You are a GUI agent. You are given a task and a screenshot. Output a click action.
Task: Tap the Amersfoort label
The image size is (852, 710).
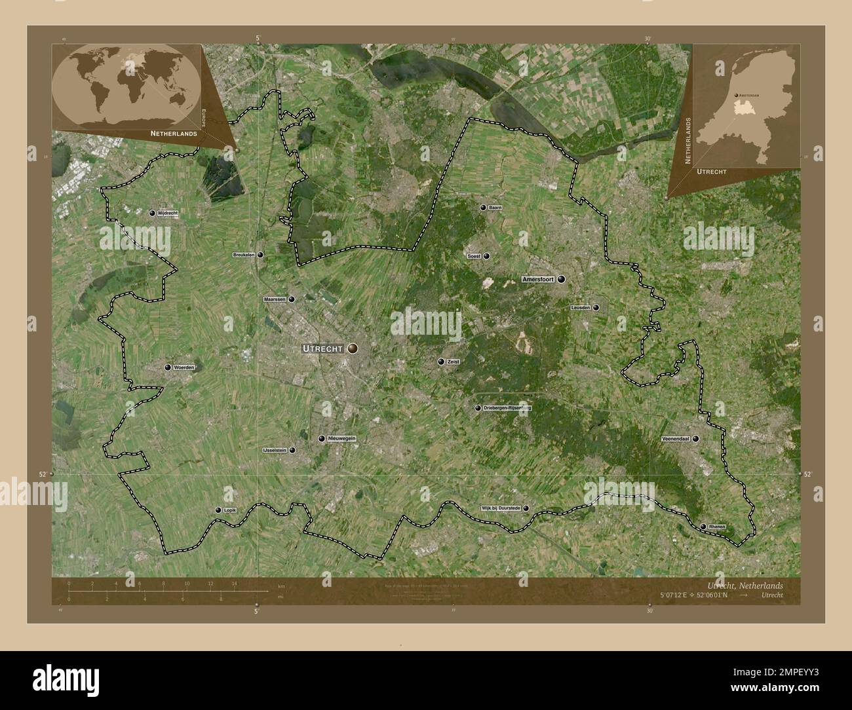pyautogui.click(x=538, y=279)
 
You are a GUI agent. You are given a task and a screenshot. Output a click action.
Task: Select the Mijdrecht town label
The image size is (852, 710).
pyautogui.click(x=168, y=214)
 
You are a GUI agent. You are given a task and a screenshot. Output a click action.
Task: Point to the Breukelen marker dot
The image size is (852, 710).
pyautogui.click(x=261, y=255)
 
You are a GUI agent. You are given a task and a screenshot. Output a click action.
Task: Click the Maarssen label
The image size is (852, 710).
pyautogui.click(x=275, y=299)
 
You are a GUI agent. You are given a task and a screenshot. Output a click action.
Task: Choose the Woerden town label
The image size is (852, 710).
pyautogui.click(x=184, y=368)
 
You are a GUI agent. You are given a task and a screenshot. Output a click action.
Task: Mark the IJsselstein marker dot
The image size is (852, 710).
pyautogui.click(x=292, y=451)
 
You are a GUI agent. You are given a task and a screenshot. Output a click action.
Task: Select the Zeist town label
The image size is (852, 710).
pyautogui.click(x=453, y=362)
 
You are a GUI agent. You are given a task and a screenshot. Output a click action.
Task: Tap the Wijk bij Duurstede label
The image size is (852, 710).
pyautogui.click(x=501, y=508)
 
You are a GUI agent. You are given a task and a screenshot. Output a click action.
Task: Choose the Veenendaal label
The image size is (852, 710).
pyautogui.click(x=676, y=439)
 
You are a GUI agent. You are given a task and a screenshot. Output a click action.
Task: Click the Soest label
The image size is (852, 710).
pyautogui.click(x=474, y=256)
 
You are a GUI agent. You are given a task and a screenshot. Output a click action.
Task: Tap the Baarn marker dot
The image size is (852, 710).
pyautogui.click(x=483, y=208)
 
